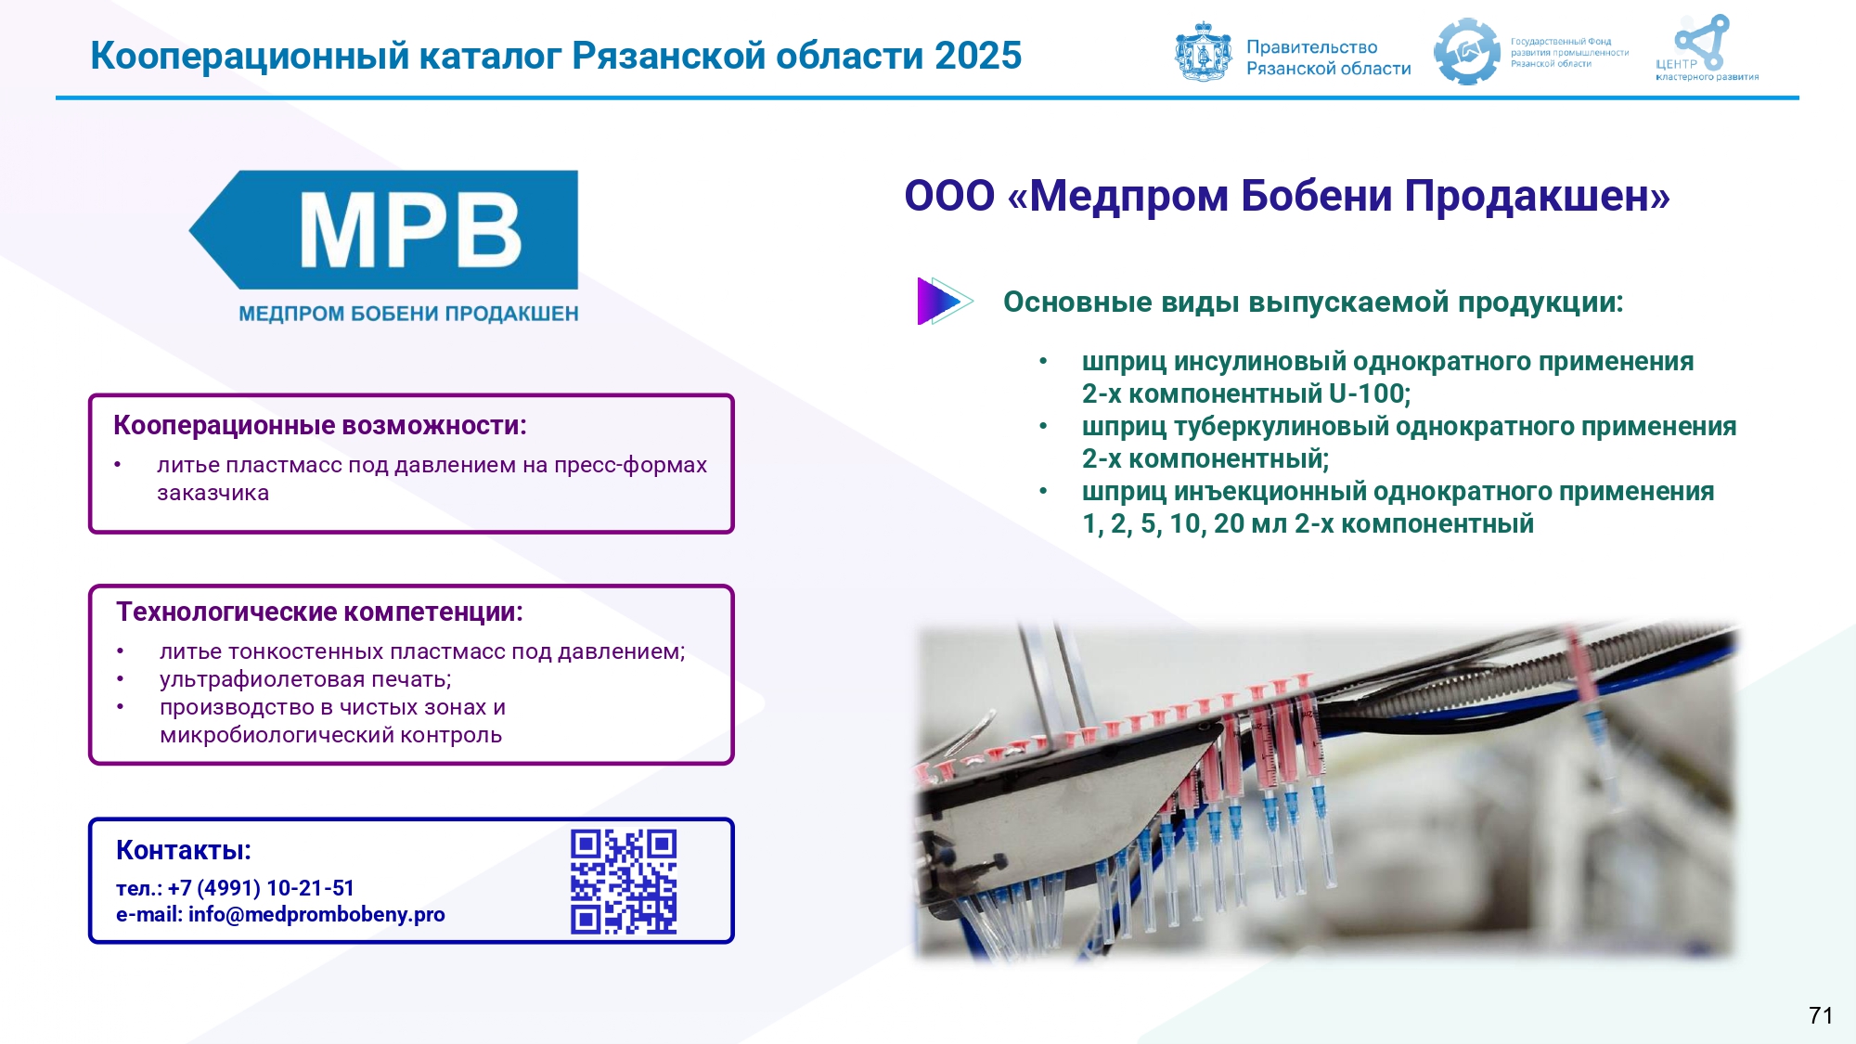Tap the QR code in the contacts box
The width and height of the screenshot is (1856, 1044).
(624, 882)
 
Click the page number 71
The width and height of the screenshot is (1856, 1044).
(1821, 1015)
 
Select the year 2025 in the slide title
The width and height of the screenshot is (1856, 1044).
(978, 56)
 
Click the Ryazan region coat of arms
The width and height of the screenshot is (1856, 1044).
(1204, 52)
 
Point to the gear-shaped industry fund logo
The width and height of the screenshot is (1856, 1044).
(1466, 52)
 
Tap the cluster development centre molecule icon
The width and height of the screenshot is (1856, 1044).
(1702, 42)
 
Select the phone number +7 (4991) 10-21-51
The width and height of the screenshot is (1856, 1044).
(261, 888)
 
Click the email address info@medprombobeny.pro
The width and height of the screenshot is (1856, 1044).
(316, 915)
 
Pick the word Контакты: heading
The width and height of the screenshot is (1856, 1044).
(184, 850)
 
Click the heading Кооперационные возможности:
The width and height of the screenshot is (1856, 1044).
(320, 425)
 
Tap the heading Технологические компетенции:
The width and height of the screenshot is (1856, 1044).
(320, 612)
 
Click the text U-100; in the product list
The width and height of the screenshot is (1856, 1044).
(1370, 393)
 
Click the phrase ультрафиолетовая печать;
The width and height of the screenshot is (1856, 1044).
(305, 679)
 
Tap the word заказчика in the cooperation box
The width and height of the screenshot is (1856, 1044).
(213, 494)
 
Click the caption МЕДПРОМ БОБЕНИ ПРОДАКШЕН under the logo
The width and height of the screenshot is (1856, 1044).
(408, 314)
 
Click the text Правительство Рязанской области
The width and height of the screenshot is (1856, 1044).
(1328, 58)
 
